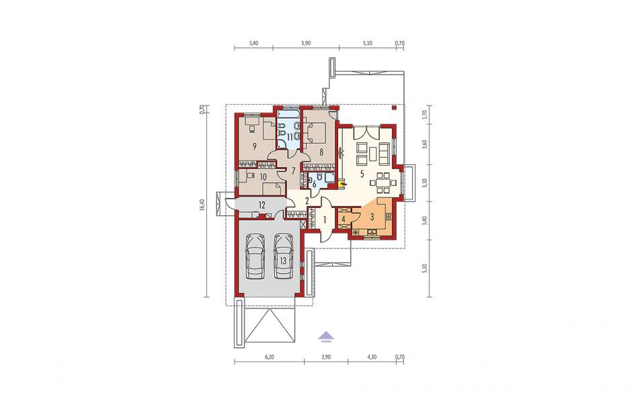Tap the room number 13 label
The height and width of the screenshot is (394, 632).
[x=283, y=261]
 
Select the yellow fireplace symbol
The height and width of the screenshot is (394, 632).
[x=342, y=185]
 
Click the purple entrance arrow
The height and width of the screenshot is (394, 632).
[x=326, y=336]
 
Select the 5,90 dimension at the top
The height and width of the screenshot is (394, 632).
[x=306, y=44]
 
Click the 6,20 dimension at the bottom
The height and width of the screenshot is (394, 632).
[x=269, y=356]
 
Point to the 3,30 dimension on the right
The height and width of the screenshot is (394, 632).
[x=424, y=183]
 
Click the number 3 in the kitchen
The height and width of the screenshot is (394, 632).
[x=372, y=217]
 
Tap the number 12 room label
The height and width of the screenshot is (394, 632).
[x=262, y=205]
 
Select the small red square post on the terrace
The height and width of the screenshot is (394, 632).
[x=395, y=107]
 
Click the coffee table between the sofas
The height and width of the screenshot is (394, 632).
[x=373, y=154]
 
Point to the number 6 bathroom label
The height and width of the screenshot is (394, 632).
[x=315, y=185]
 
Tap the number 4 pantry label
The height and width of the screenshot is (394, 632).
[x=343, y=219]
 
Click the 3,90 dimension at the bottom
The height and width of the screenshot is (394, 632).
[x=326, y=356]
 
